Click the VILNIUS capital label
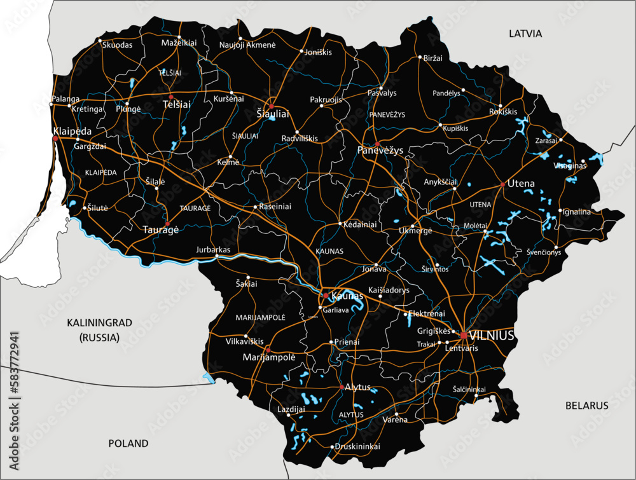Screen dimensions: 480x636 coord(491,336)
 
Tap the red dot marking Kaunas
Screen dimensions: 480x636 coord(326,296)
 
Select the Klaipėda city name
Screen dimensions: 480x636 coord(72,131)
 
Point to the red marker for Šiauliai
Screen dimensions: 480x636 coord(272,107)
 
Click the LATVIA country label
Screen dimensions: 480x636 coord(525,33)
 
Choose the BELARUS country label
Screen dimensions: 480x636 coord(586,405)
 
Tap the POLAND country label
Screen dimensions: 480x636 coord(128,443)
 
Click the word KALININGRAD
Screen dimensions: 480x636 coord(99,323)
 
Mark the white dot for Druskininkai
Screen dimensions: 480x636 coord(332,447)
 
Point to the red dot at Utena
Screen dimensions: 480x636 coord(502,184)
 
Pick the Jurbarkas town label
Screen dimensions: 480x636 coord(214,250)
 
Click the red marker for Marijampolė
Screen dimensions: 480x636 coord(268,350)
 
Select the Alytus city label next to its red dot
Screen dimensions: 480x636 coord(357,387)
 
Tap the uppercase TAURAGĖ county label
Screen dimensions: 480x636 coord(195,208)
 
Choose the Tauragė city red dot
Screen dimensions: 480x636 coord(167,224)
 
